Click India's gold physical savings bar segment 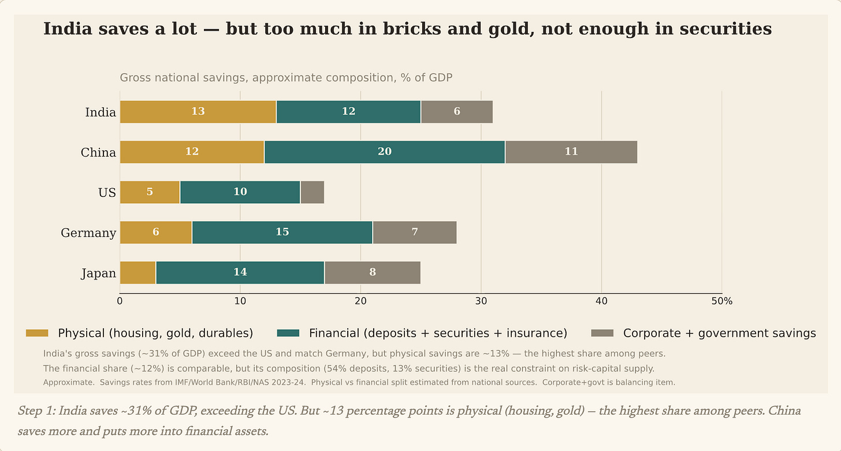198,112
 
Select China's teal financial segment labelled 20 385,152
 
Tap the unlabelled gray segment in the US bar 312,192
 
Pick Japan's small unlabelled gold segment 138,273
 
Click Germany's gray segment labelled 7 415,233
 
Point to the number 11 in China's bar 571,151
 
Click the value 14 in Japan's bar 240,272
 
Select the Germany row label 88,233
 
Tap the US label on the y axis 107,192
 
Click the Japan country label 99,273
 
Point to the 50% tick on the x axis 721,301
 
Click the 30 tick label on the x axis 481,301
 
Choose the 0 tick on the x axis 120,301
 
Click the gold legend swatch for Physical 37,333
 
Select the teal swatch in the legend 288,333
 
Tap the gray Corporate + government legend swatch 602,333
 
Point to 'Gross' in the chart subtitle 136,77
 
